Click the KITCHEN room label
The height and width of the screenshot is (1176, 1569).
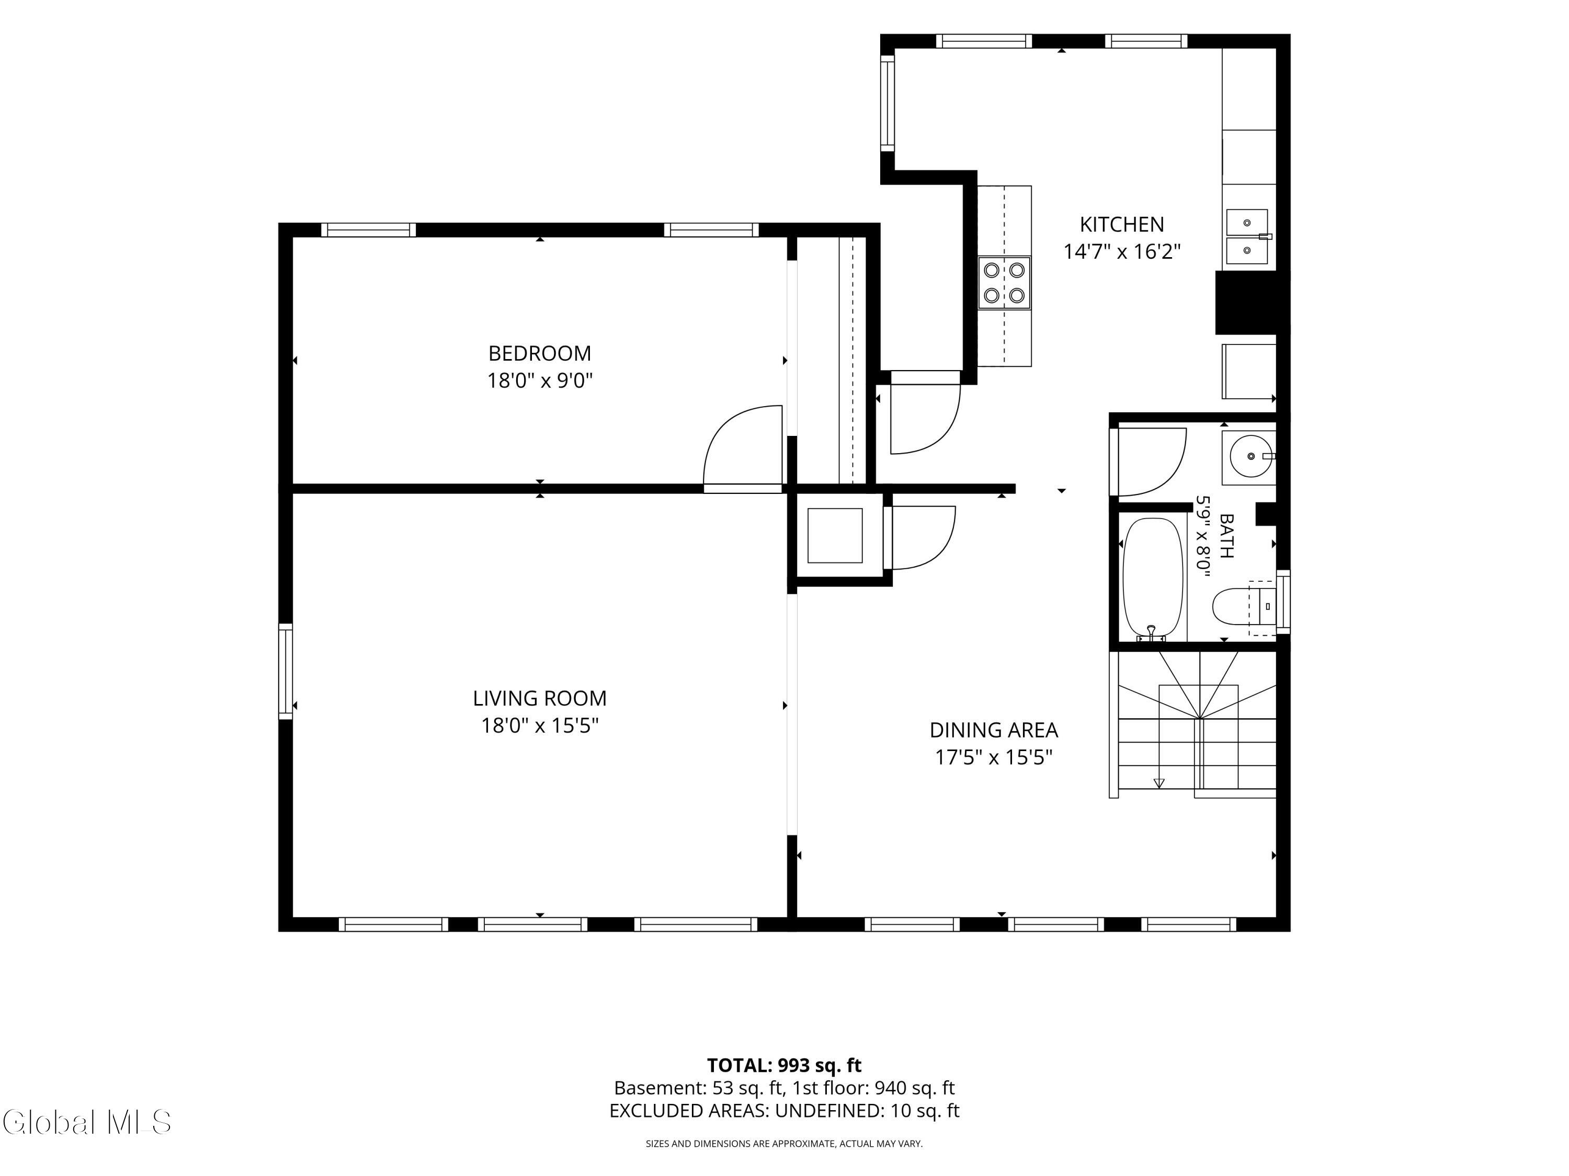[1121, 225]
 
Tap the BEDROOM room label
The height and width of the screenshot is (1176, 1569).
[539, 353]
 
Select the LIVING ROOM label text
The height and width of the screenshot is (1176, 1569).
[540, 698]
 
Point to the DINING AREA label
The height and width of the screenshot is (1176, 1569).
[993, 730]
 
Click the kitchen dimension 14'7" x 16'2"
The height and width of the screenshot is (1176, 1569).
[1121, 251]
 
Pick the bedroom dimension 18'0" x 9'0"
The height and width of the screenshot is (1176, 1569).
[539, 381]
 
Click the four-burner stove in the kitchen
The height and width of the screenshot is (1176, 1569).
[1004, 283]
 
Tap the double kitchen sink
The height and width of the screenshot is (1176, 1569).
[1247, 237]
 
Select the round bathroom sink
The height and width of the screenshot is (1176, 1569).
[1249, 456]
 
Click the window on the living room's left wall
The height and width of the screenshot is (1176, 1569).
[285, 671]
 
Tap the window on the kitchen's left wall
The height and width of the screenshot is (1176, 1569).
[888, 103]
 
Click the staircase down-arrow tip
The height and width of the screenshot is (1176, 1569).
[1159, 786]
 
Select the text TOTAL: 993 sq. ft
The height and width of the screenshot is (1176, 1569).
[784, 1065]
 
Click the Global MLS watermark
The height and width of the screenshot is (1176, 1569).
[86, 1122]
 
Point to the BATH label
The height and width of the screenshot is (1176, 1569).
[1226, 536]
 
